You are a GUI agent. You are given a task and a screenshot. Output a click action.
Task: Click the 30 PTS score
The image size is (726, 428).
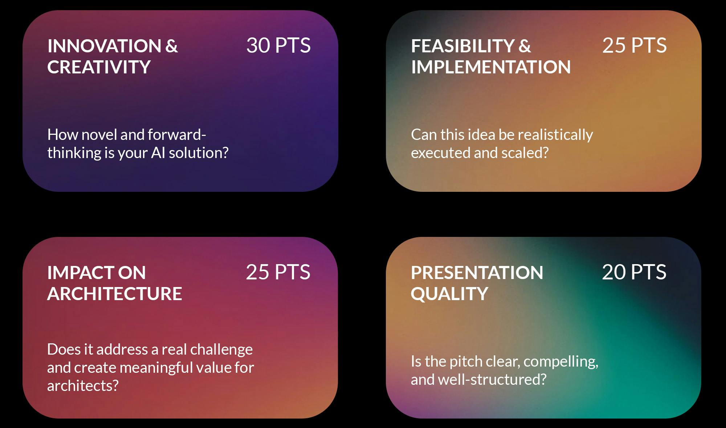(278, 45)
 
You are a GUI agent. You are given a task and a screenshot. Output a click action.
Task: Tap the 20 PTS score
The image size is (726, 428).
(634, 272)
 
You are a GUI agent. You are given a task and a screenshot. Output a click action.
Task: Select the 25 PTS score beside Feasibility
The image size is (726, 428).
(635, 45)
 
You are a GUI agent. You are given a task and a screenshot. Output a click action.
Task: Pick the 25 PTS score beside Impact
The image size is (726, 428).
(278, 272)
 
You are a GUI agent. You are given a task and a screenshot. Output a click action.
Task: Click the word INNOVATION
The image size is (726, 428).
(105, 46)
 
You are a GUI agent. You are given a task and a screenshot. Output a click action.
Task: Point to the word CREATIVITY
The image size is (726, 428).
(99, 67)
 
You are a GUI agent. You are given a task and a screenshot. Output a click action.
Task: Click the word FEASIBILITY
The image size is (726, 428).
(463, 46)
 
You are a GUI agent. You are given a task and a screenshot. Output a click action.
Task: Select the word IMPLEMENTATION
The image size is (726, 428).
(491, 67)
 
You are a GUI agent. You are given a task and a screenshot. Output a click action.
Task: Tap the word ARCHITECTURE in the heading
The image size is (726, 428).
(114, 294)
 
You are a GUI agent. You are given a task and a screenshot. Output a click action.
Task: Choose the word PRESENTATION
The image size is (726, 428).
(477, 273)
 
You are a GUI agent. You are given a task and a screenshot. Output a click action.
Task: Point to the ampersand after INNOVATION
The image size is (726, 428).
(172, 46)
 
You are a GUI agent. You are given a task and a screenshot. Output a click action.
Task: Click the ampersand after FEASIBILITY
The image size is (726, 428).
(525, 46)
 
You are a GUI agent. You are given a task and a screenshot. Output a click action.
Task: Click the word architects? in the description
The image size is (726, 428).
(83, 386)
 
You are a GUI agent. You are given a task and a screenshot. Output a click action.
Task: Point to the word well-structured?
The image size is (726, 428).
(492, 380)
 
